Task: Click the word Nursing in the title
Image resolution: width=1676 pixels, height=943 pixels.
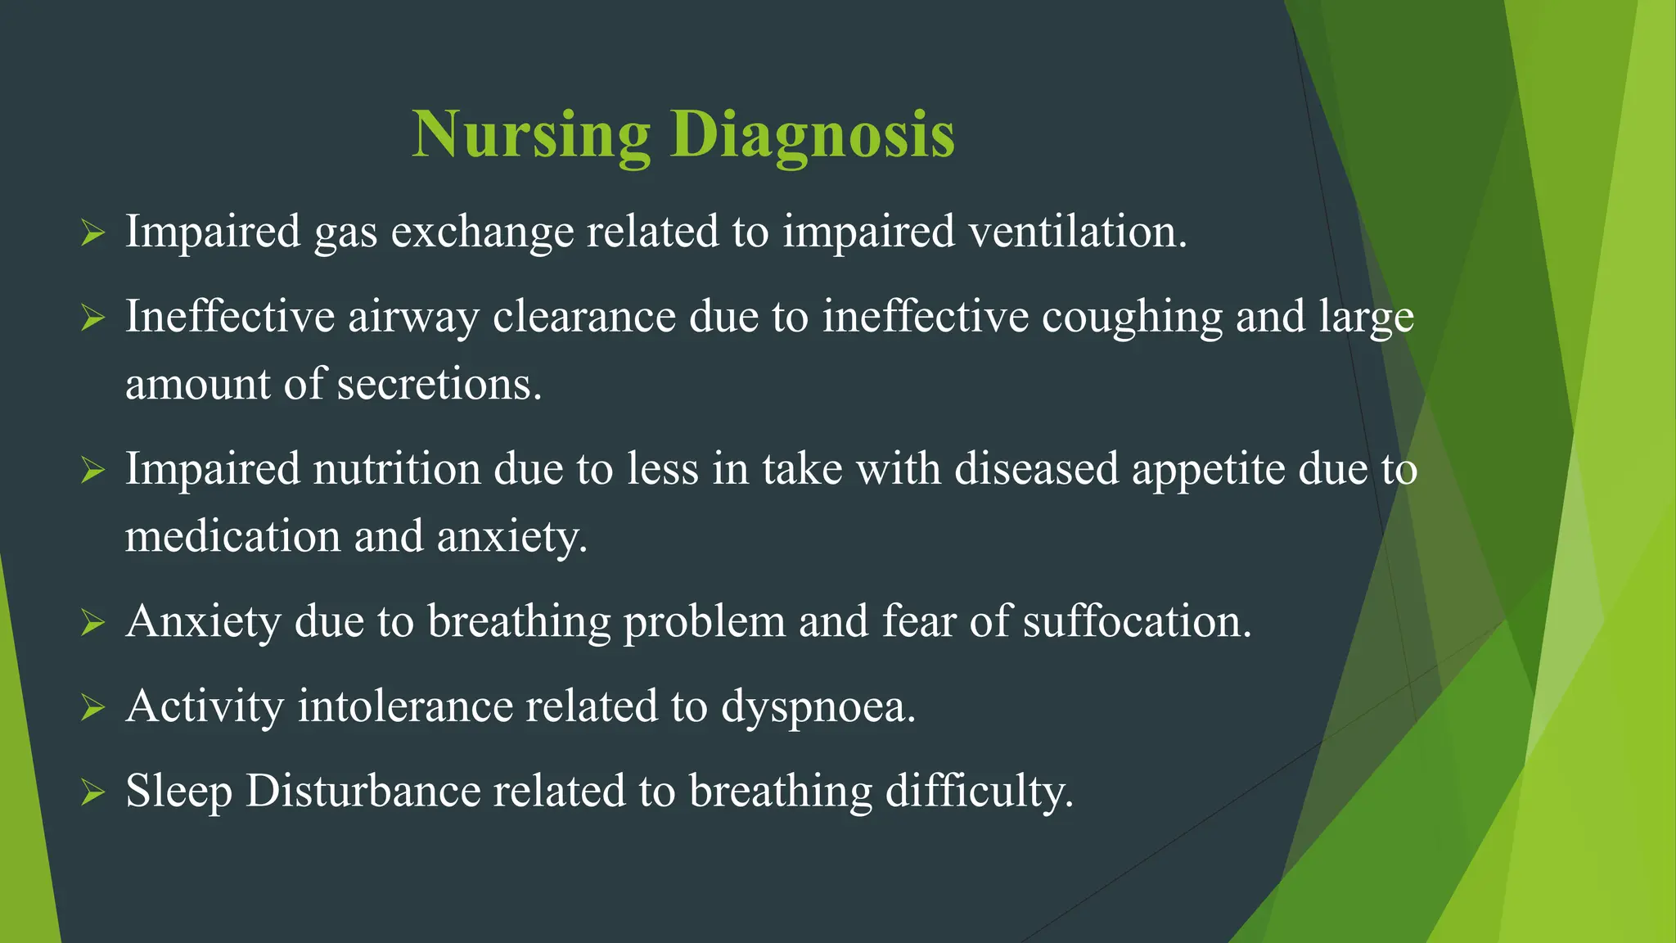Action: pyautogui.click(x=531, y=135)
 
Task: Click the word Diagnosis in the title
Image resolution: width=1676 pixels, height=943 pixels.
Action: pyautogui.click(x=812, y=135)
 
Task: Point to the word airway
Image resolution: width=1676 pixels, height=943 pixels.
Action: pyautogui.click(x=413, y=318)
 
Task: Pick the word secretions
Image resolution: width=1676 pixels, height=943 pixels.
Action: pyautogui.click(x=439, y=385)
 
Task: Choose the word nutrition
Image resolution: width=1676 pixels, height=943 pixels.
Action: pyautogui.click(x=397, y=470)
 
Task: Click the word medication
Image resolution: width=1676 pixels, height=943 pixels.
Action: pyautogui.click(x=232, y=537)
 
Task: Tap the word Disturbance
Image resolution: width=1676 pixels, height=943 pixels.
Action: pyautogui.click(x=363, y=792)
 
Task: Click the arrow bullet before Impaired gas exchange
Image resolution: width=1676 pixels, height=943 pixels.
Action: pyautogui.click(x=93, y=233)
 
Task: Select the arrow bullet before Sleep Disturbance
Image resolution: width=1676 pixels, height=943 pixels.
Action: pyautogui.click(x=93, y=793)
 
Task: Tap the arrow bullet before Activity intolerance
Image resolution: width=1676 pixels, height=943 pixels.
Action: pyautogui.click(x=93, y=708)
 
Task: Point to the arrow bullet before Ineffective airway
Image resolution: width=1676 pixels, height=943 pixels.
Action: pyautogui.click(x=93, y=318)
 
